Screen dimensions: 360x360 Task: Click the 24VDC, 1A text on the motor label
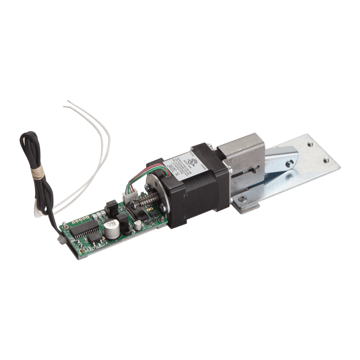point(173,170)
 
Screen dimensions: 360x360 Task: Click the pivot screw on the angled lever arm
point(290,163)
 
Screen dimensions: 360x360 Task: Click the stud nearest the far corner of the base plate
point(310,143)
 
